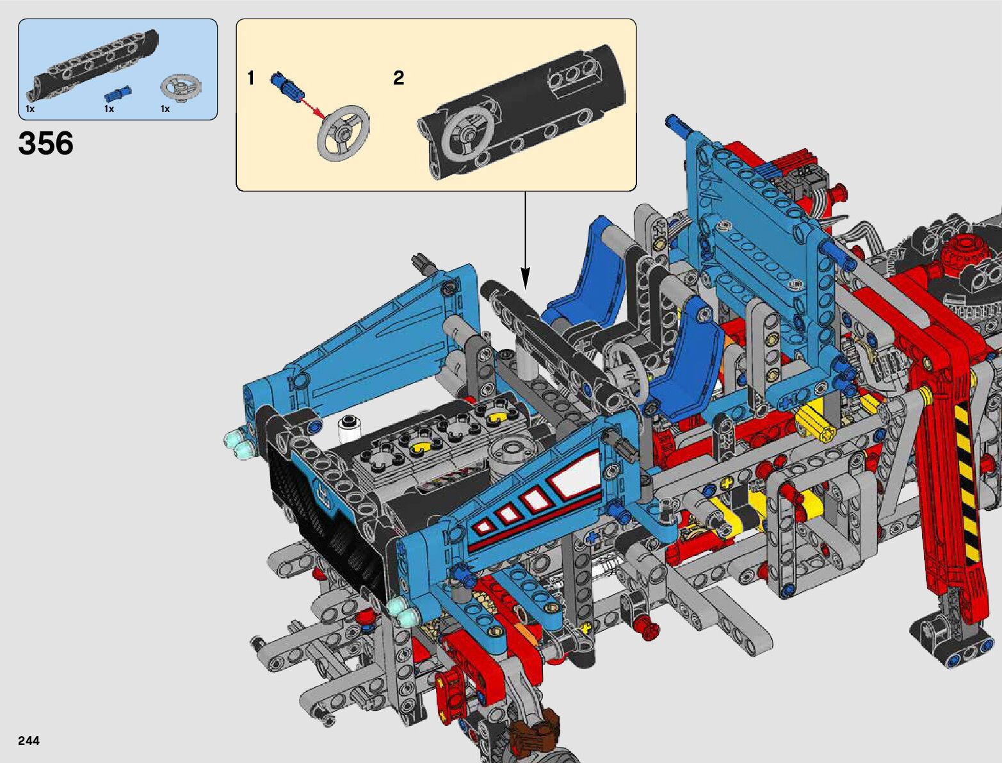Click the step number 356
click(x=45, y=143)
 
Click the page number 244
click(x=29, y=741)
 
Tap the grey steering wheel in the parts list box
click(x=181, y=87)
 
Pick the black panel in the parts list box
click(x=92, y=63)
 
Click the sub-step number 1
click(x=250, y=78)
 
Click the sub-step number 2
click(x=398, y=78)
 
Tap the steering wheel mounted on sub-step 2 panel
click(x=469, y=135)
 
